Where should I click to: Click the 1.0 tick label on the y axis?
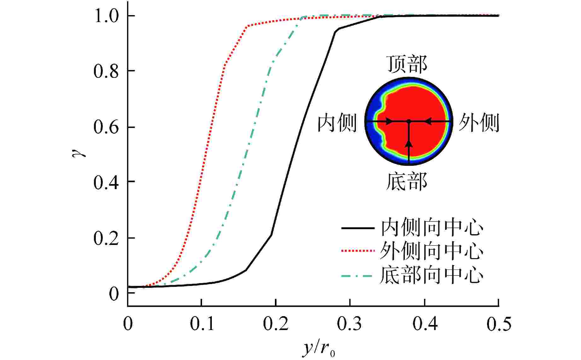tap(106, 16)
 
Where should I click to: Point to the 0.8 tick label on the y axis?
tap(106, 71)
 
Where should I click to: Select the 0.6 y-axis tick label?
tap(106, 127)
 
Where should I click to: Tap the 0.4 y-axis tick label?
tap(106, 183)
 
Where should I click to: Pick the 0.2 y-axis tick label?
tap(106, 238)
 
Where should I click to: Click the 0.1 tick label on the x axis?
tap(202, 324)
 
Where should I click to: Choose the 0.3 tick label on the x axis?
tap(350, 324)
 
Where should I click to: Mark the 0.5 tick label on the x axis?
tap(498, 324)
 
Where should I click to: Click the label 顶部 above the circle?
tap(407, 64)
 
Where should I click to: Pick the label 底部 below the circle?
tap(407, 182)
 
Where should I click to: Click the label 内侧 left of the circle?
tap(337, 123)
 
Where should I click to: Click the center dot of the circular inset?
tap(409, 121)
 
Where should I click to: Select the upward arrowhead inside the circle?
tap(409, 144)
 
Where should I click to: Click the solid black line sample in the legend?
tap(358, 228)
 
